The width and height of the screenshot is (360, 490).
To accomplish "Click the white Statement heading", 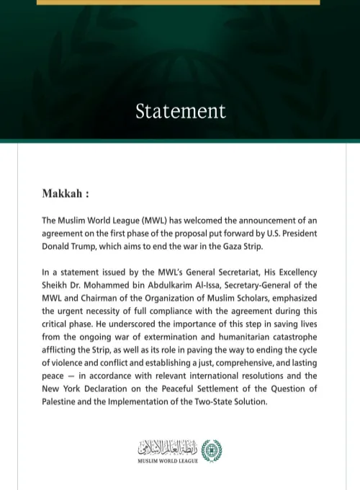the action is point(180,111).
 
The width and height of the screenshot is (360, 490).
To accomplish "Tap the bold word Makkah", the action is point(63,194).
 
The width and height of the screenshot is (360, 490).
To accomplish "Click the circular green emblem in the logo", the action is point(211,449).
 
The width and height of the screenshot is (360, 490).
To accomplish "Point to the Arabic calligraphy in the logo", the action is point(167,447).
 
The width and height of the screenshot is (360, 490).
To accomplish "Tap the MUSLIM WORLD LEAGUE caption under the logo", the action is point(169,460).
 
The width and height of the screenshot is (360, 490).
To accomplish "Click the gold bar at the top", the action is point(178,2).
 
